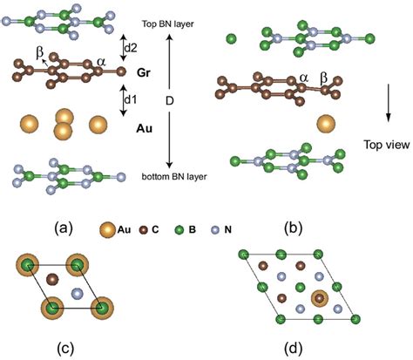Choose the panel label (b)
(292, 228)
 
